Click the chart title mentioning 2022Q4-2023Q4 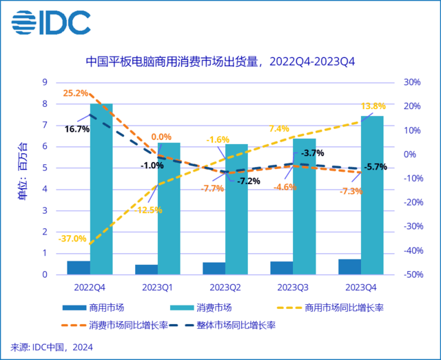pyautogui.click(x=220, y=62)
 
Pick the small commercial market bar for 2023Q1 pyautogui.click(x=145, y=269)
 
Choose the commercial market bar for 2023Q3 pyautogui.click(x=281, y=268)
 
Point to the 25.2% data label pyautogui.click(x=76, y=93)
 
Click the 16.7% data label pyautogui.click(x=76, y=128)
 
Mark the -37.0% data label pyautogui.click(x=72, y=239)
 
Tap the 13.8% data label pyautogui.click(x=373, y=106)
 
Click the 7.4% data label pyautogui.click(x=279, y=128)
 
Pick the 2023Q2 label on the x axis pyautogui.click(x=225, y=286)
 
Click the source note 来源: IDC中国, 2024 pyautogui.click(x=52, y=347)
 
